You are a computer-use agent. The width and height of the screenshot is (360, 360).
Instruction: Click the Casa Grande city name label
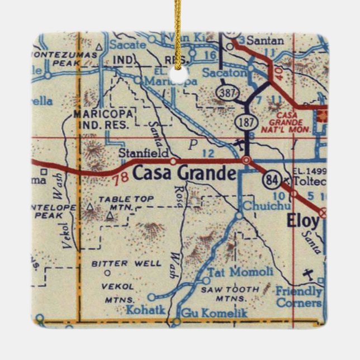(x=184, y=174)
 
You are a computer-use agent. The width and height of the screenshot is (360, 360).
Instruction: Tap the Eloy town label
(x=303, y=220)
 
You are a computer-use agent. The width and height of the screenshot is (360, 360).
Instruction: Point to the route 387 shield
(x=229, y=93)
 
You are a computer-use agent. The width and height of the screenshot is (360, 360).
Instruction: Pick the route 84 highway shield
(x=270, y=180)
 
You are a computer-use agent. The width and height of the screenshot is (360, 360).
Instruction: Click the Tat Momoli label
(x=241, y=272)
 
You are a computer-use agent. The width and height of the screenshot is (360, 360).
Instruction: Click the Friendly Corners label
(x=299, y=297)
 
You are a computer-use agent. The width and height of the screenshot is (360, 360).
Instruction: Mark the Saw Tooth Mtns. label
(x=230, y=294)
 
